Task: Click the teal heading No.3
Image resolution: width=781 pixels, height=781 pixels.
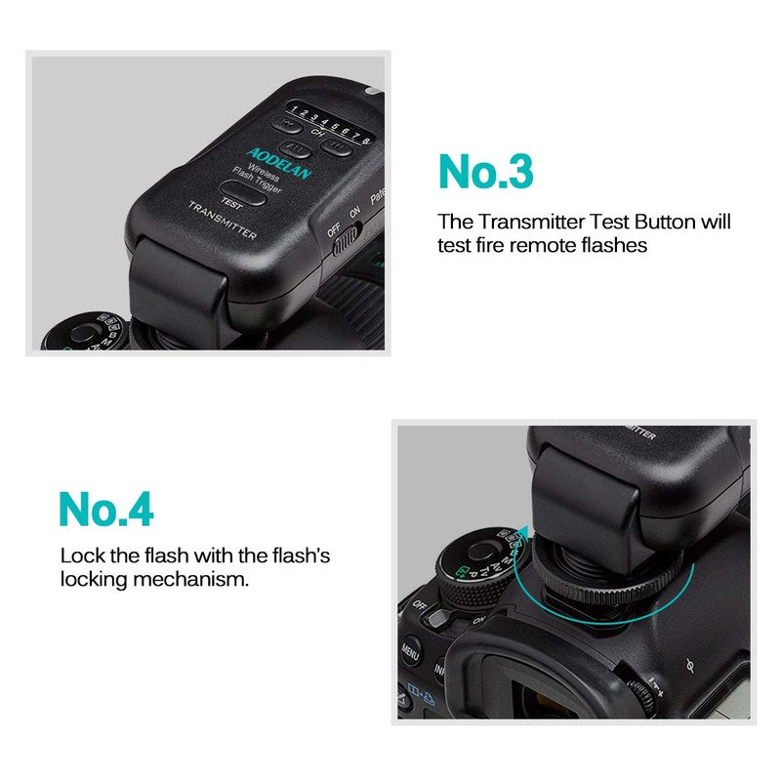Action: click(486, 171)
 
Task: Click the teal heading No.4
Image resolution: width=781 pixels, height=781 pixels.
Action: click(106, 509)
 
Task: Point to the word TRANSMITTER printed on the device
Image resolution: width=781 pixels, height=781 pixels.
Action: click(223, 221)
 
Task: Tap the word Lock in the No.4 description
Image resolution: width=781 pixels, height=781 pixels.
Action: click(81, 555)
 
